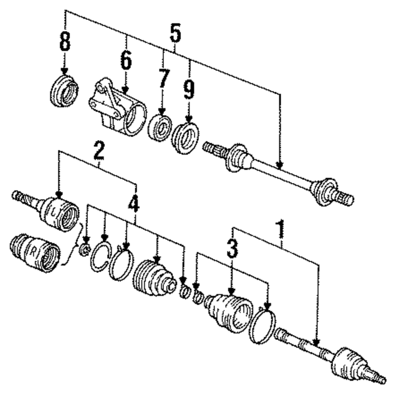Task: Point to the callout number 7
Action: tap(163, 80)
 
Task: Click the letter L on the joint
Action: tap(55, 212)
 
